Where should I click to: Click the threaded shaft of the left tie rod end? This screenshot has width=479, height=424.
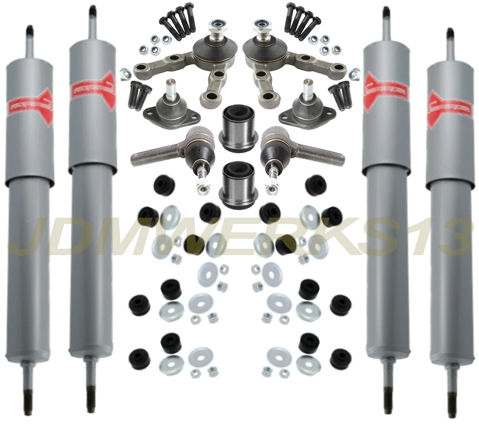[152, 157]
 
